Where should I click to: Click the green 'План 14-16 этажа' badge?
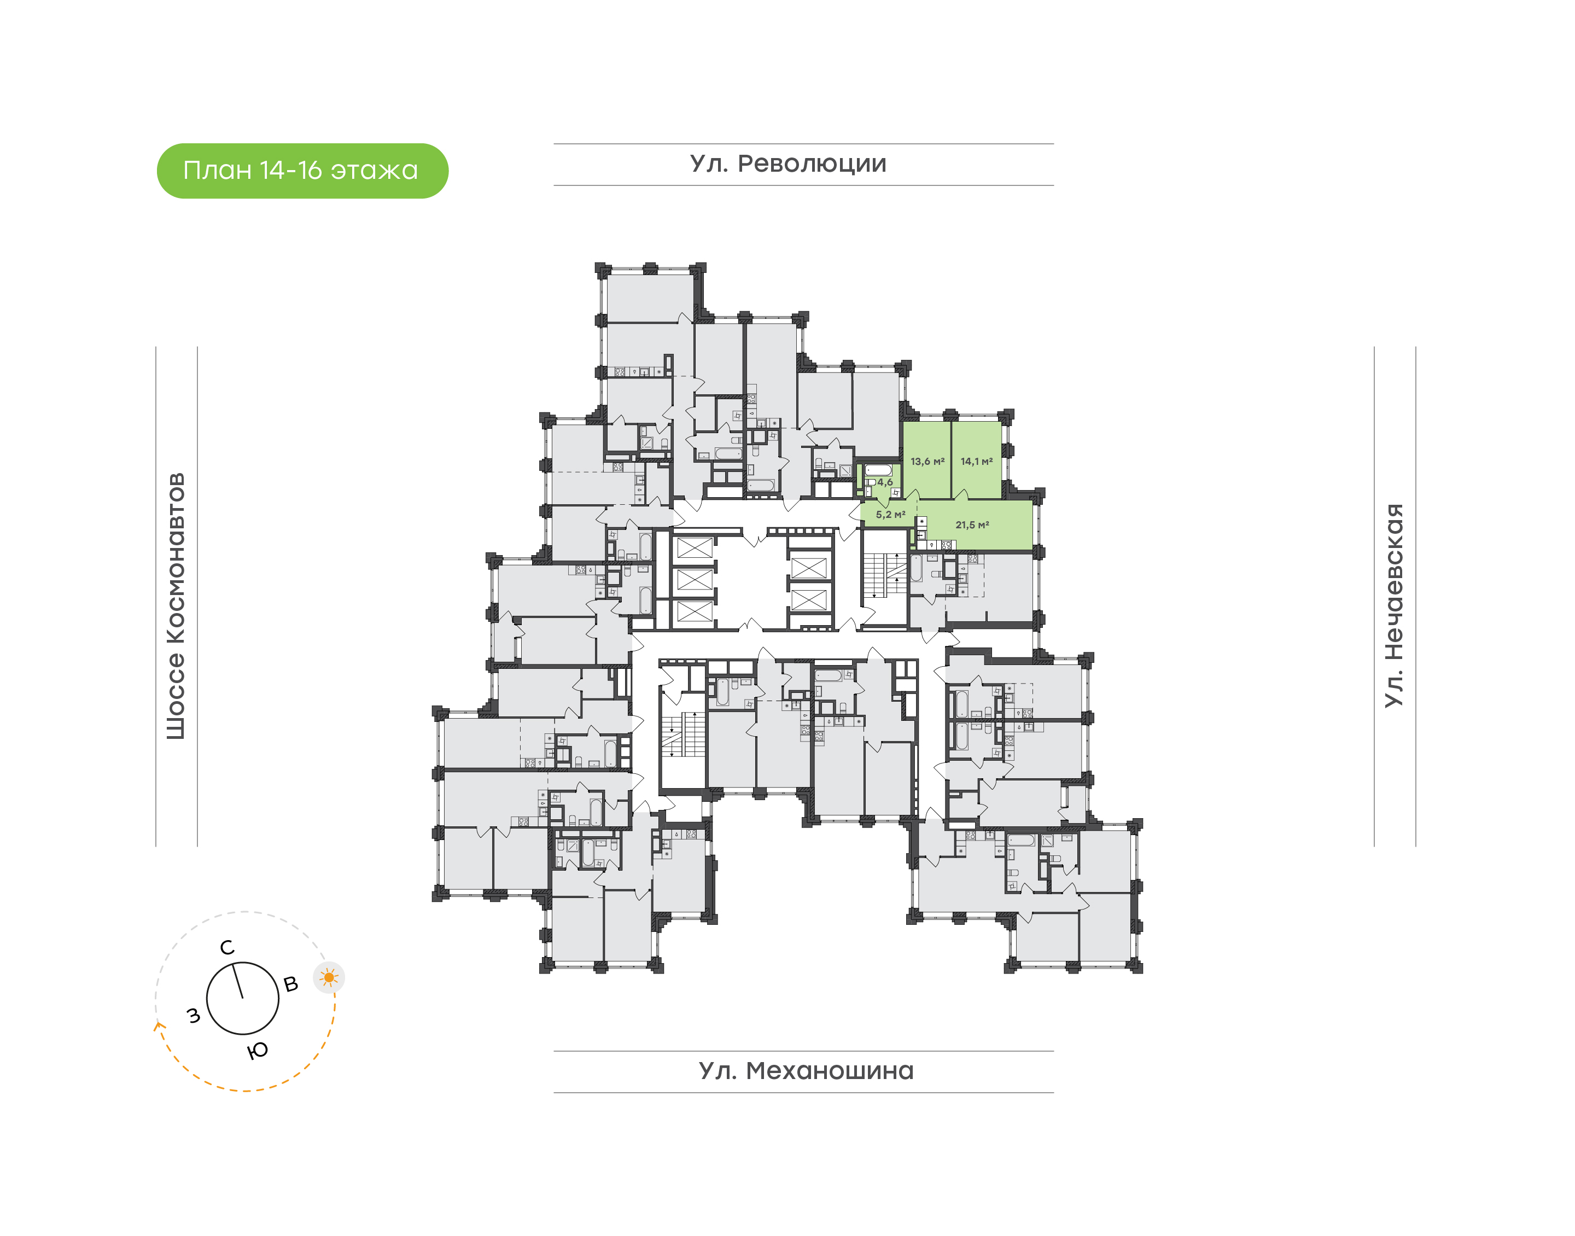302,171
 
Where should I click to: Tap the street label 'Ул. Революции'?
788,164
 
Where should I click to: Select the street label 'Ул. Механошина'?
806,1070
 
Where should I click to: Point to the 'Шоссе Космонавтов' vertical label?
176,606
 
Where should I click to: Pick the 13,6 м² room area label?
927,461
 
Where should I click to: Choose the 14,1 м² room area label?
976,461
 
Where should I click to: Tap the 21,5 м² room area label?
972,524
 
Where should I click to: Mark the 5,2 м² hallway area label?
890,515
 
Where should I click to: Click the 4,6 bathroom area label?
885,482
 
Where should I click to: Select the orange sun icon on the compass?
329,978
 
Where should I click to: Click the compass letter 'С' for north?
227,948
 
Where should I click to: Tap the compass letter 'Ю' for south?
258,1051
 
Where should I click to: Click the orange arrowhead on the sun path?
159,1025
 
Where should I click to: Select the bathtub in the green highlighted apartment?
878,470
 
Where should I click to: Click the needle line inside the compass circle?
238,981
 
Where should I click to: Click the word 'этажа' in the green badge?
374,171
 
